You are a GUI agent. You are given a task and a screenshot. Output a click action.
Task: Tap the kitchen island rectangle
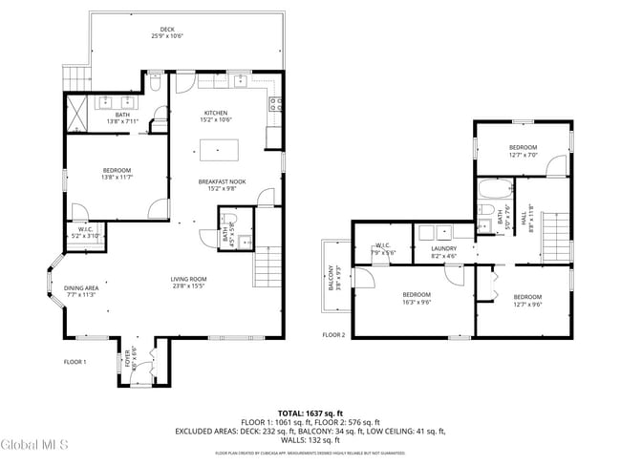point(221,150)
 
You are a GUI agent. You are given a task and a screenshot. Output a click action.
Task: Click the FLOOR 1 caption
point(75,362)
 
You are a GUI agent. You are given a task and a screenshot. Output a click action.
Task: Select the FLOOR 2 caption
point(333,334)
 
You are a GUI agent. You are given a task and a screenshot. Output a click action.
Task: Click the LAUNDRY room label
point(444,252)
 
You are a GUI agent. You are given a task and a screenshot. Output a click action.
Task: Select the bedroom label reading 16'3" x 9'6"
point(417,297)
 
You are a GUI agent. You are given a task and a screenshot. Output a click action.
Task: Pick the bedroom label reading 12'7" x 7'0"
point(523,151)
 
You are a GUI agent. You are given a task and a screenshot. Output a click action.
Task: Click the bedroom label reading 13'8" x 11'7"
point(117,174)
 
